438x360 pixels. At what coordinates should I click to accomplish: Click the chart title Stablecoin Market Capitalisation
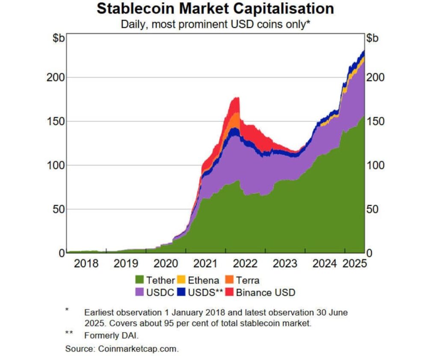tap(215, 9)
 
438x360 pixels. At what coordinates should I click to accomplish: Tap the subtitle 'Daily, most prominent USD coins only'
tap(215, 24)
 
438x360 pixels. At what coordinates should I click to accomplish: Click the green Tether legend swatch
tap(140, 280)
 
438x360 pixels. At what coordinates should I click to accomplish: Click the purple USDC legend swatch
tap(140, 292)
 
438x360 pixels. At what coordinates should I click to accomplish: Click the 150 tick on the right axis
tap(376, 121)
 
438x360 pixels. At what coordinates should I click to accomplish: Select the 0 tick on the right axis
tap(370, 253)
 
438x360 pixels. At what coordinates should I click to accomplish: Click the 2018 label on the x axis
tap(86, 263)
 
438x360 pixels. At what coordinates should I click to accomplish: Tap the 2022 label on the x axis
tap(245, 263)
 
